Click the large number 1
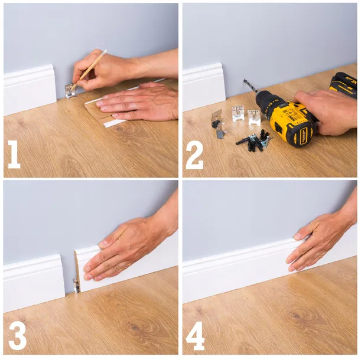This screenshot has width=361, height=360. tap(13, 155)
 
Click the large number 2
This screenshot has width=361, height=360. tap(194, 155)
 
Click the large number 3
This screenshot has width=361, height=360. tap(17, 335)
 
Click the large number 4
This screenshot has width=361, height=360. tap(195, 335)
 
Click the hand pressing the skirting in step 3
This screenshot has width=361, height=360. tap(127, 248)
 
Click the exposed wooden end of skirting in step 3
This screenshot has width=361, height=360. tap(76, 266)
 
